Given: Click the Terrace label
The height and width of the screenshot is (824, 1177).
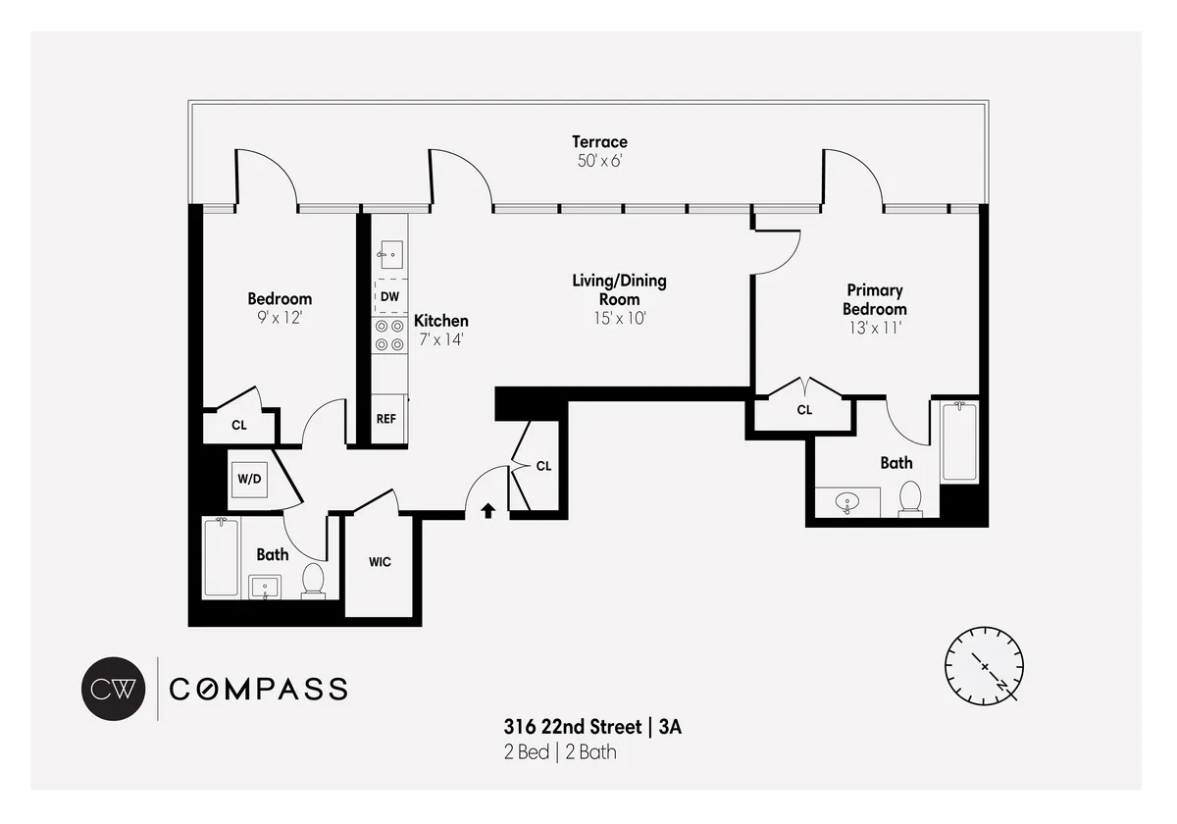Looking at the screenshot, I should click(599, 142).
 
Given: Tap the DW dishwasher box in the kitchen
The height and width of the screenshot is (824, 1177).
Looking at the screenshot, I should click(389, 296).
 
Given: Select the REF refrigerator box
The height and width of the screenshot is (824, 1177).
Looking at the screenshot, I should click(386, 419).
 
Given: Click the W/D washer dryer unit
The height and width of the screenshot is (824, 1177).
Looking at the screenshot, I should click(249, 480).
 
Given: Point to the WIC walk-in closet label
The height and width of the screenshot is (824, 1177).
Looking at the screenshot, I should click(380, 562).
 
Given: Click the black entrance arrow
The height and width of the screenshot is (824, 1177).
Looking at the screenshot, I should click(488, 510).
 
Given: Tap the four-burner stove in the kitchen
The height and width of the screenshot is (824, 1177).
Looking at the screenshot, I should click(389, 335).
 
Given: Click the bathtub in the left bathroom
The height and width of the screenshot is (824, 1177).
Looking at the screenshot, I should click(221, 557).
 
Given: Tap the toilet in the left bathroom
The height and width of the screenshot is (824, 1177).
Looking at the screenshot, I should click(314, 580).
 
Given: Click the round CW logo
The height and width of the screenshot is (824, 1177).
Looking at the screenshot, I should click(113, 689).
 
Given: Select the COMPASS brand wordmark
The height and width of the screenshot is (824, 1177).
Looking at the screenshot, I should click(259, 689).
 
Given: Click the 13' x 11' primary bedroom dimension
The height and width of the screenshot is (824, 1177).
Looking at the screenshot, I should click(874, 329).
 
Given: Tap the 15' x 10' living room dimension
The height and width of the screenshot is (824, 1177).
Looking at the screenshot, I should click(619, 318).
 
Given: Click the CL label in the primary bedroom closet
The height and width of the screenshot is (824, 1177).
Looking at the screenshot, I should click(804, 410).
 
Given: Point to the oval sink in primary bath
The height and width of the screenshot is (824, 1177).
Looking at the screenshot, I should click(847, 503).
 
